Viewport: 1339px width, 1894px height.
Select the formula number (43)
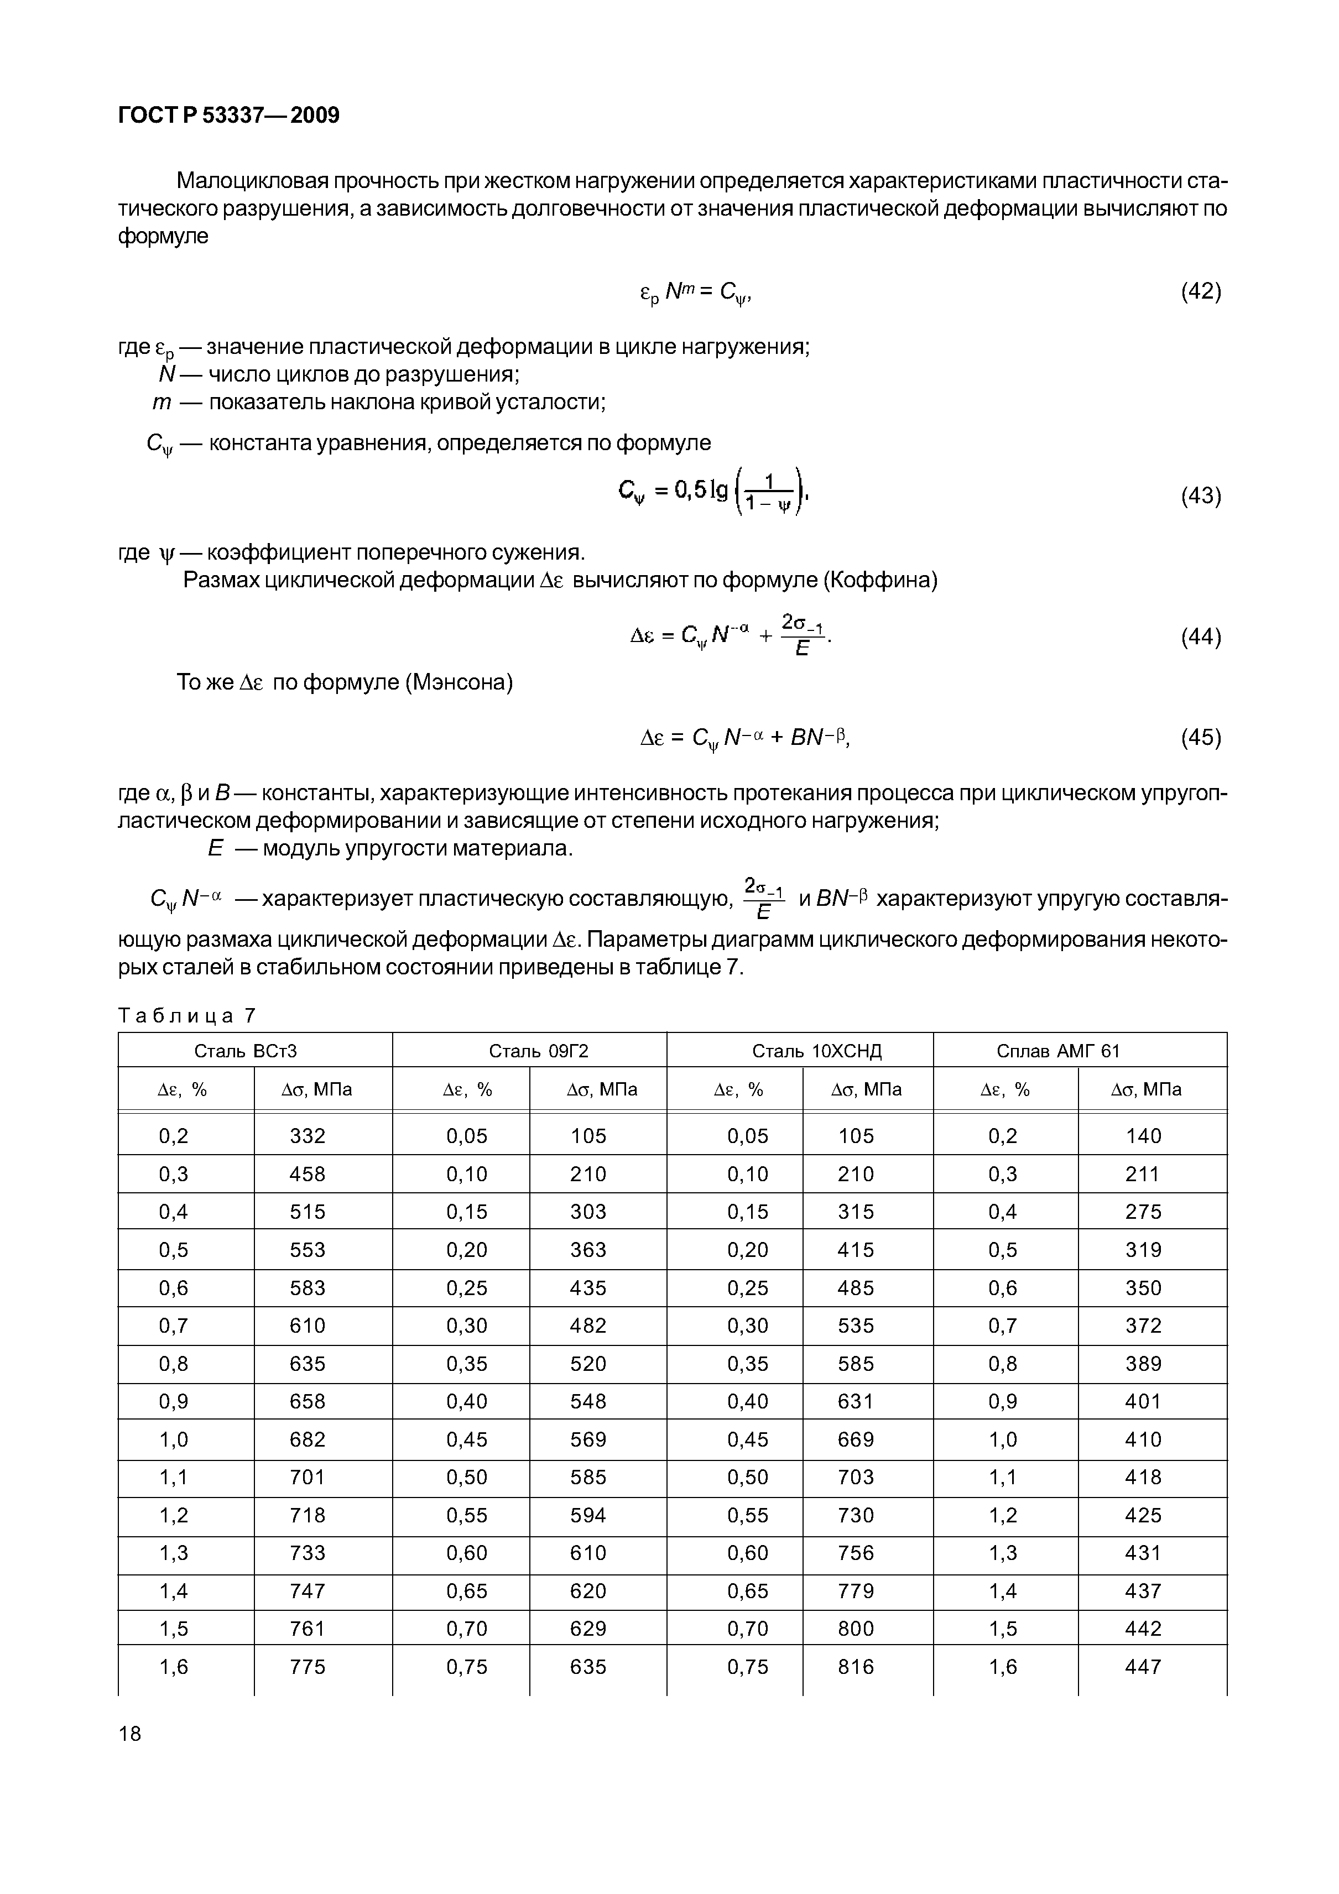point(1200,496)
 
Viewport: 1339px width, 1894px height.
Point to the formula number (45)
point(1200,737)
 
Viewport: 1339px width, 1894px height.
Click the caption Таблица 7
point(187,1015)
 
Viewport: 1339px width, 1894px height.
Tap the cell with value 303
point(588,1212)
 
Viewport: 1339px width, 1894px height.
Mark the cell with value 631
point(856,1401)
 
